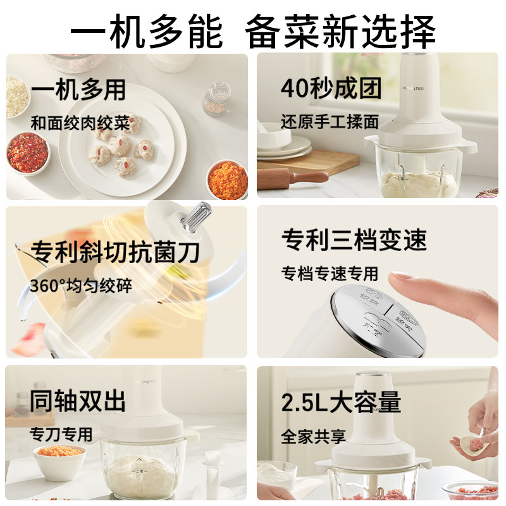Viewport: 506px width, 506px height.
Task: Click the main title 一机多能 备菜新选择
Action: [x=253, y=29]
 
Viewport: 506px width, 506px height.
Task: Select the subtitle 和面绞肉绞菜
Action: [x=80, y=123]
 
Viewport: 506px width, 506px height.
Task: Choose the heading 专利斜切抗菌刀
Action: [x=114, y=252]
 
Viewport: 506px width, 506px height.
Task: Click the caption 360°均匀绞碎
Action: [x=80, y=285]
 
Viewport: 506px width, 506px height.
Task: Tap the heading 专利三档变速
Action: [x=354, y=240]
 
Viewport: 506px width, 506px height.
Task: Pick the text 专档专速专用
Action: [x=330, y=273]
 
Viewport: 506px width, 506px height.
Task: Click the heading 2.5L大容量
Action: [x=342, y=402]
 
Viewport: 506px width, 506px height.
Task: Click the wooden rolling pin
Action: [x=292, y=177]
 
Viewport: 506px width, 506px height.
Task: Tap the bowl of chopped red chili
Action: [x=27, y=154]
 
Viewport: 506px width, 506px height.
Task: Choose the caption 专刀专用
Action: [x=61, y=435]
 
